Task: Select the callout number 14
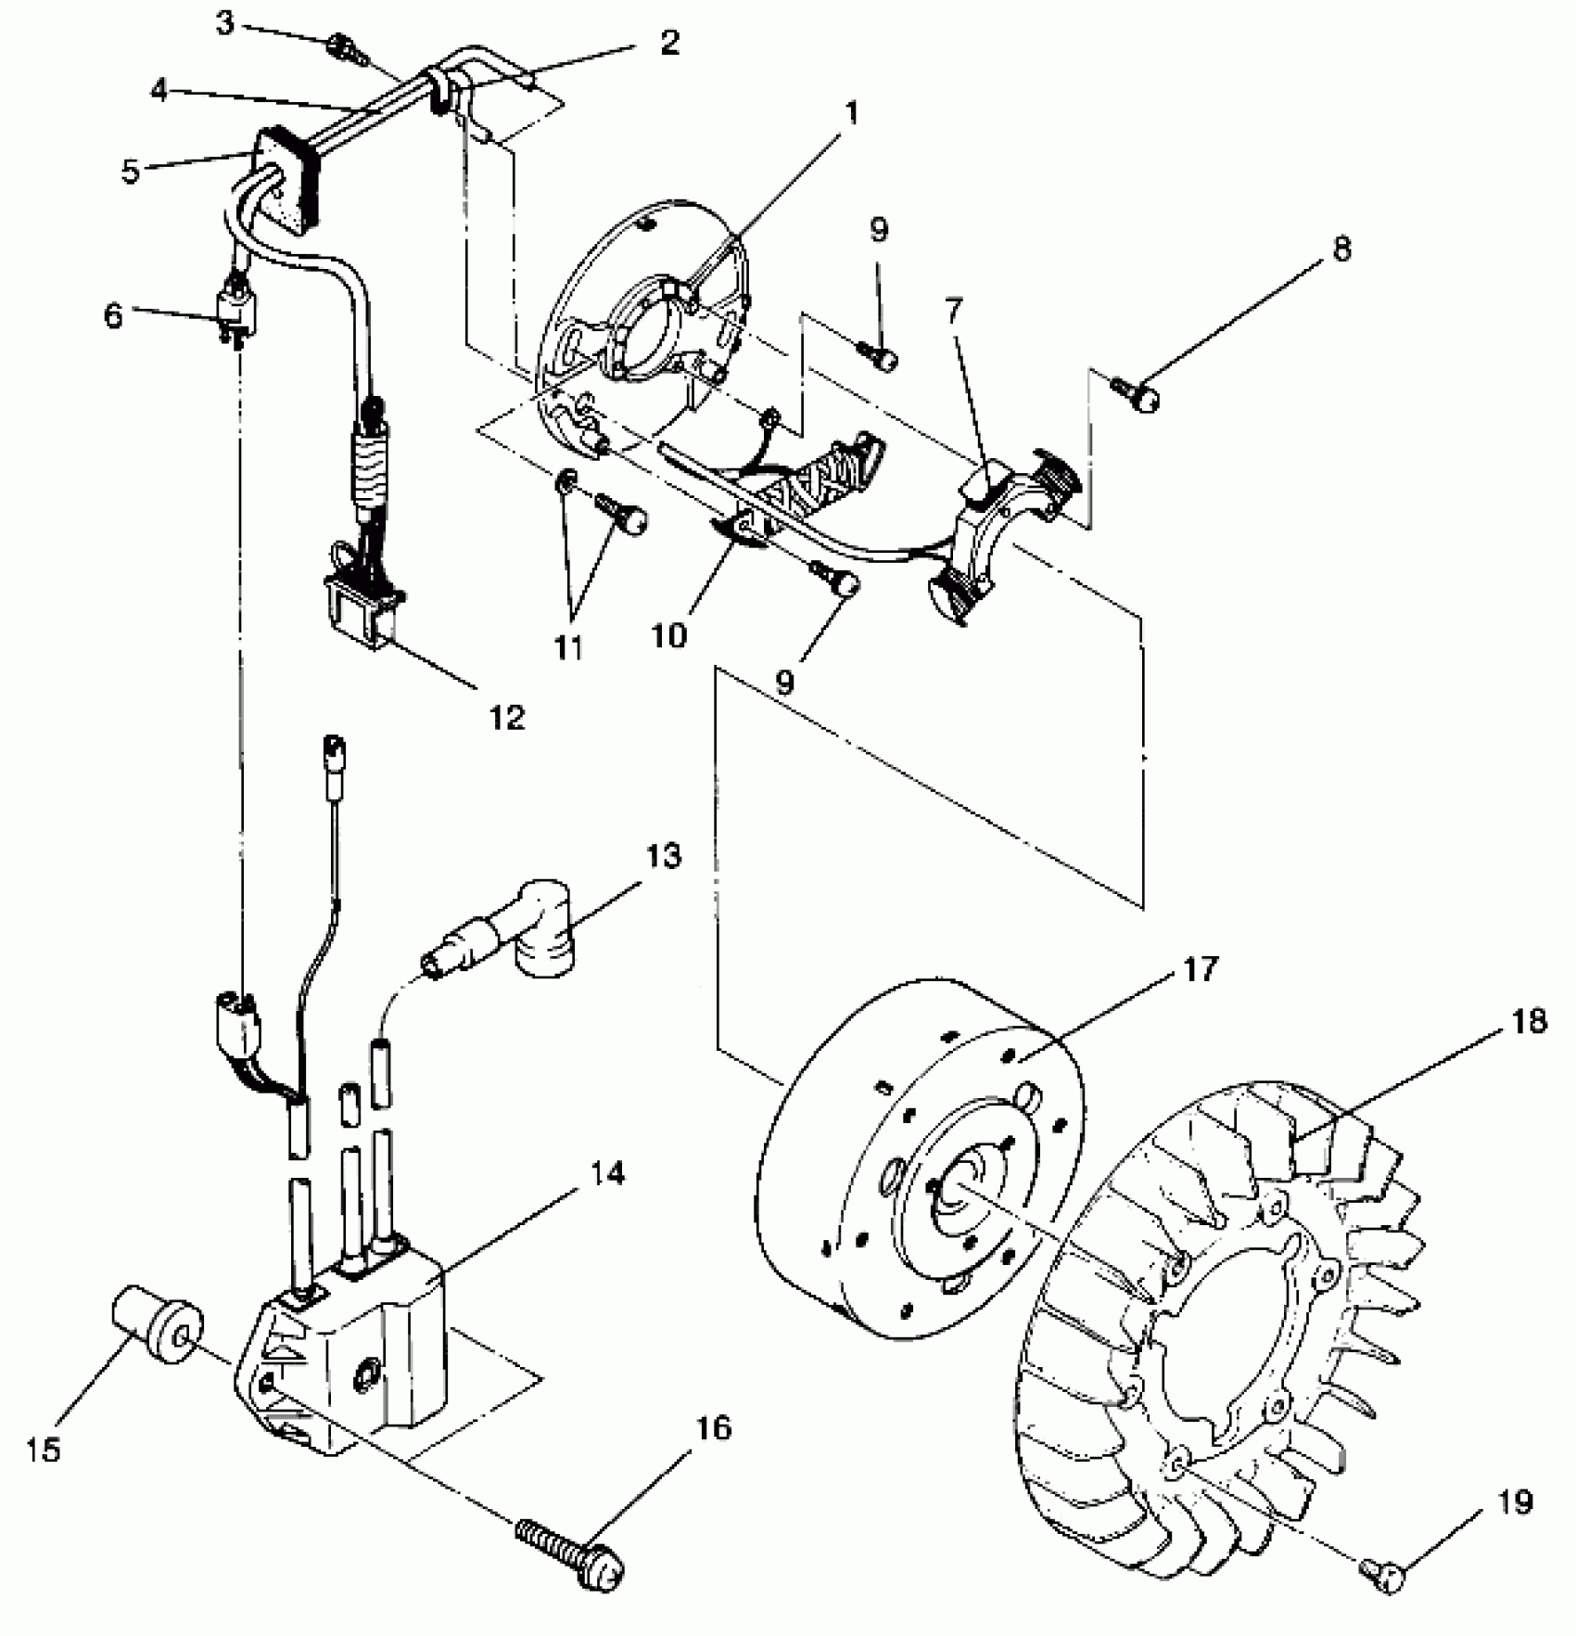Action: [607, 1174]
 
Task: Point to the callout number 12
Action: [507, 716]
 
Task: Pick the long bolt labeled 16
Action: [567, 1561]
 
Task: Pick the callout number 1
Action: [851, 115]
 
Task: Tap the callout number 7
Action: [953, 311]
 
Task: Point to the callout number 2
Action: [669, 42]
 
